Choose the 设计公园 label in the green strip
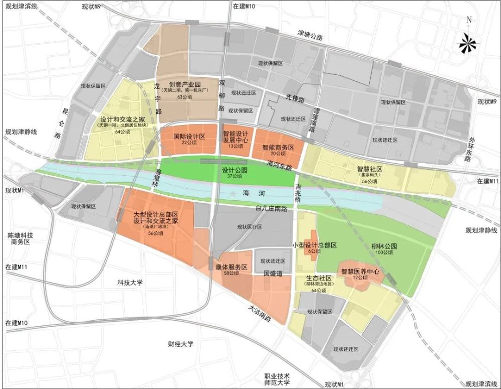coord(235,170)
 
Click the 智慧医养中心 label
coord(359,272)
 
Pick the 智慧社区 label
coord(370,170)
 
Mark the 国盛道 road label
coord(273,274)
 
